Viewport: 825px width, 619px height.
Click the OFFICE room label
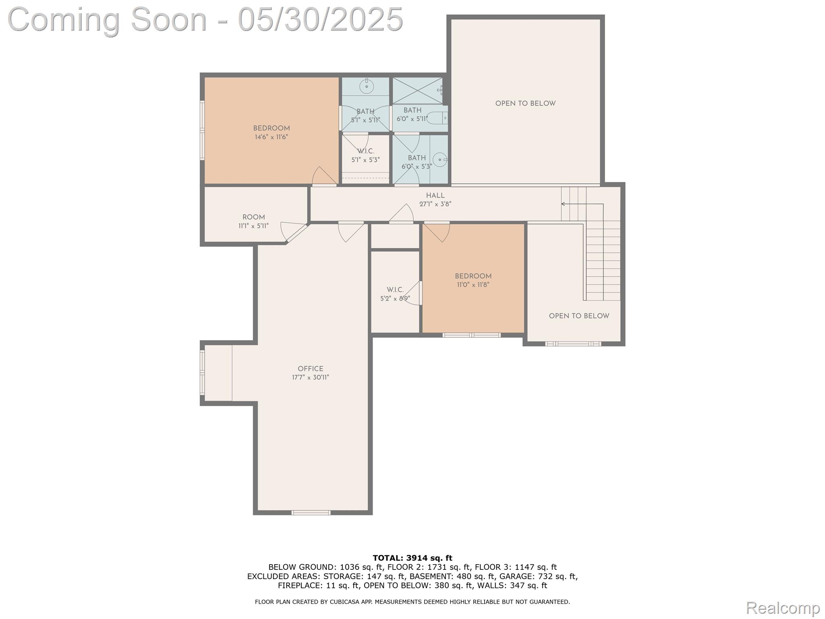point(310,368)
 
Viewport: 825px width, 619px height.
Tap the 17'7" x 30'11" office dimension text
point(310,378)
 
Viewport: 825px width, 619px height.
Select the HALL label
point(435,195)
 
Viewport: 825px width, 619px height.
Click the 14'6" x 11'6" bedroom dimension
point(271,137)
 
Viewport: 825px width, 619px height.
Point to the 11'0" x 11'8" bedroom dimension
point(473,285)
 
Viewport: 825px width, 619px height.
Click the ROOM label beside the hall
point(253,217)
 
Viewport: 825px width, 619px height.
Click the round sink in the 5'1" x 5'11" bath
point(367,86)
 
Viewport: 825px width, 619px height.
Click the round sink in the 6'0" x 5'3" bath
point(442,160)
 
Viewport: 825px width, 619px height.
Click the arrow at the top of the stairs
point(563,204)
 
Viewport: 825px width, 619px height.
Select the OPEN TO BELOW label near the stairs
point(579,316)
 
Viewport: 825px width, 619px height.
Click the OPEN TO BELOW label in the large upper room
point(525,104)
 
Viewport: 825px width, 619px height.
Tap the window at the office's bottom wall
point(311,513)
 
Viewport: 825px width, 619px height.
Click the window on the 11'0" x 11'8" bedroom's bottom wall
point(471,335)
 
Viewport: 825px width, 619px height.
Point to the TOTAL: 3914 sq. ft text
point(412,558)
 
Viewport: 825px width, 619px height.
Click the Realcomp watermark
point(783,607)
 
